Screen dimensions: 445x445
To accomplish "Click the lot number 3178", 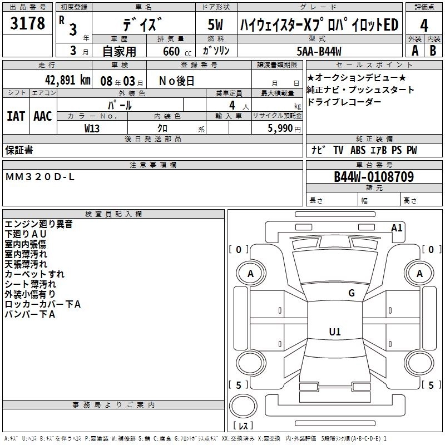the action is [x=27, y=24].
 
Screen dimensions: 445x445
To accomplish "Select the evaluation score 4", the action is [x=424, y=26].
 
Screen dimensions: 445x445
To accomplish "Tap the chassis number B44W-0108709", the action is [x=373, y=177].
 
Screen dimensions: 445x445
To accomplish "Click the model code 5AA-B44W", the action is [x=319, y=51].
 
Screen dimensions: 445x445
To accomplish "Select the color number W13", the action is [x=92, y=128].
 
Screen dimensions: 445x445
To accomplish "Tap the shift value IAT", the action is [x=16, y=116].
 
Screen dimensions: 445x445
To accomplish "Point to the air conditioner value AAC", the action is [x=43, y=116].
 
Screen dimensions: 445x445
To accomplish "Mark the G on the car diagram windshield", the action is [x=351, y=293].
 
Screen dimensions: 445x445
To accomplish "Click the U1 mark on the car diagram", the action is [x=334, y=332].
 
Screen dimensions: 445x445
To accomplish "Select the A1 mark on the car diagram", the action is [x=397, y=228].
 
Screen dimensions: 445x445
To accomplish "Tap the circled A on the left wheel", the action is [x=250, y=274].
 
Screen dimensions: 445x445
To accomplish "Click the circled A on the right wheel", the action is [x=419, y=274].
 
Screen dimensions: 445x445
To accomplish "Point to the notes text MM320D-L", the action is [x=39, y=176].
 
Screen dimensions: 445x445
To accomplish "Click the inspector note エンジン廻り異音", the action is [x=38, y=224].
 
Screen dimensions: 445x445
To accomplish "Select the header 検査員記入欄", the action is [x=113, y=214].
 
